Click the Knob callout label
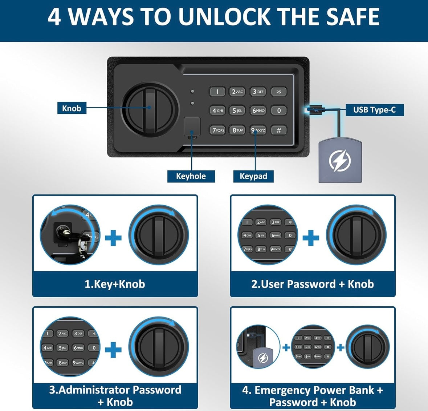click(72, 108)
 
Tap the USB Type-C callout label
click(374, 110)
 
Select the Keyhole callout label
click(191, 176)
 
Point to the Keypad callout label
click(253, 176)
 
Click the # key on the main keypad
click(278, 130)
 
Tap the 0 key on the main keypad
click(278, 110)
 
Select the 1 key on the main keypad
click(217, 92)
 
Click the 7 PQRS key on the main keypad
click(218, 130)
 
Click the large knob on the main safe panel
click(150, 109)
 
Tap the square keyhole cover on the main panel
click(192, 126)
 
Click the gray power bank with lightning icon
click(340, 160)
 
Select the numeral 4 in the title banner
click(54, 17)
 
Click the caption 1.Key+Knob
click(115, 284)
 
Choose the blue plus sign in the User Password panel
click(311, 238)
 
